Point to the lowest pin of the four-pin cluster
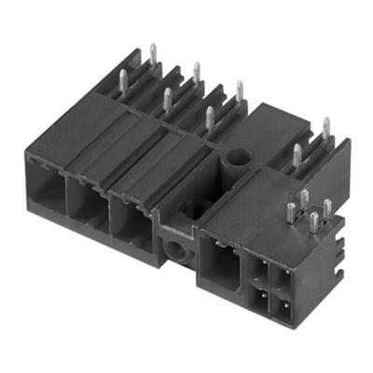313,223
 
